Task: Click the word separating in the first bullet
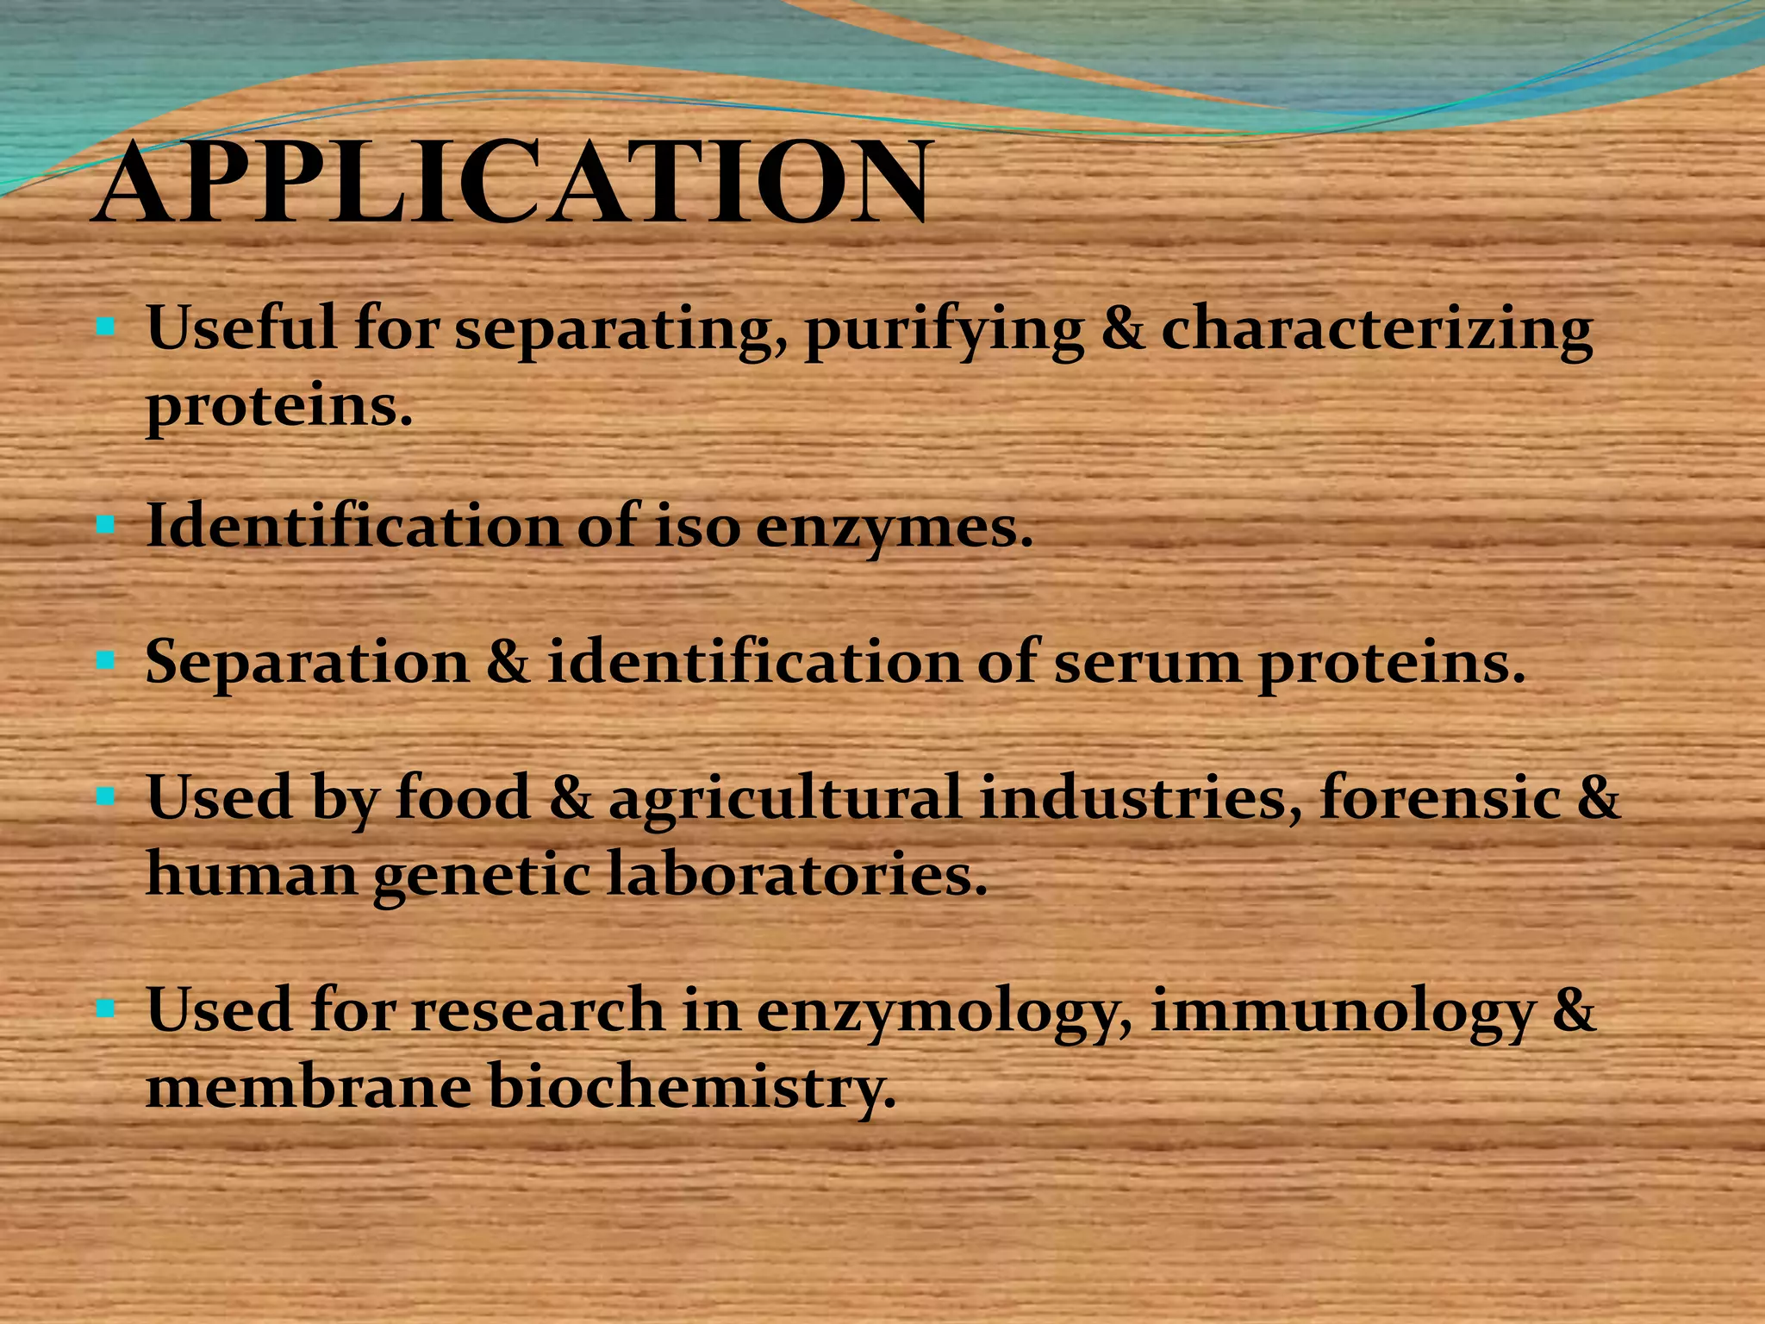pyautogui.click(x=620, y=331)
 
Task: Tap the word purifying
pyautogui.click(x=943, y=331)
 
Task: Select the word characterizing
pyautogui.click(x=1376, y=331)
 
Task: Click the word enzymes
pyautogui.click(x=893, y=527)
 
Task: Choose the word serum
pyautogui.click(x=1146, y=665)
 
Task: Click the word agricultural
pyautogui.click(x=784, y=797)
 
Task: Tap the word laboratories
pyautogui.click(x=796, y=874)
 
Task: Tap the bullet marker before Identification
pyautogui.click(x=106, y=524)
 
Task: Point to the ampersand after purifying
pyautogui.click(x=1123, y=329)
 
